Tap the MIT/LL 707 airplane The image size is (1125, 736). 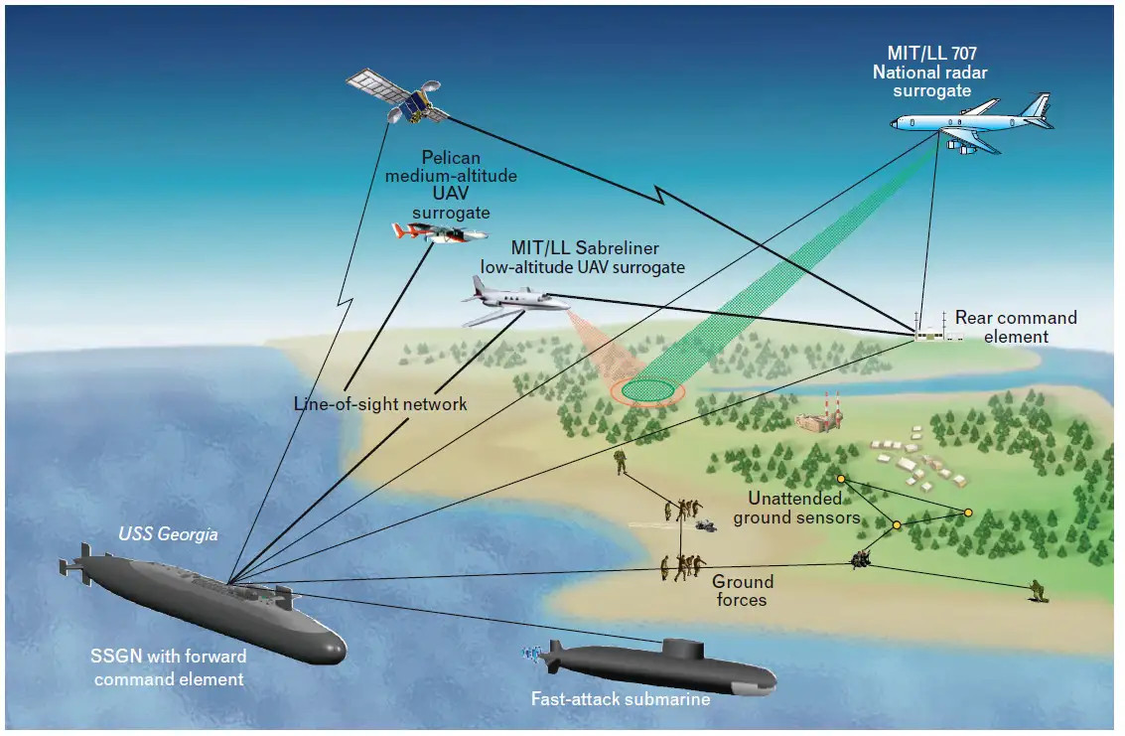point(968,122)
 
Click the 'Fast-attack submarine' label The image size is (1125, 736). point(621,699)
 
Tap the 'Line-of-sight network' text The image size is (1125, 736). point(380,404)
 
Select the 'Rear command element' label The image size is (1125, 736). point(1015,327)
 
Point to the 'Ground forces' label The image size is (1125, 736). point(740,591)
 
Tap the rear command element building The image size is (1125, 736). point(928,335)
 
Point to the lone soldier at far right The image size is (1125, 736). point(1038,591)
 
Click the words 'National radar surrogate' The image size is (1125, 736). point(931,81)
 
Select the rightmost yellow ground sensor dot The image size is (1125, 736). point(968,513)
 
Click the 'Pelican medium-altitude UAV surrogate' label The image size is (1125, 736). point(451,185)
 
